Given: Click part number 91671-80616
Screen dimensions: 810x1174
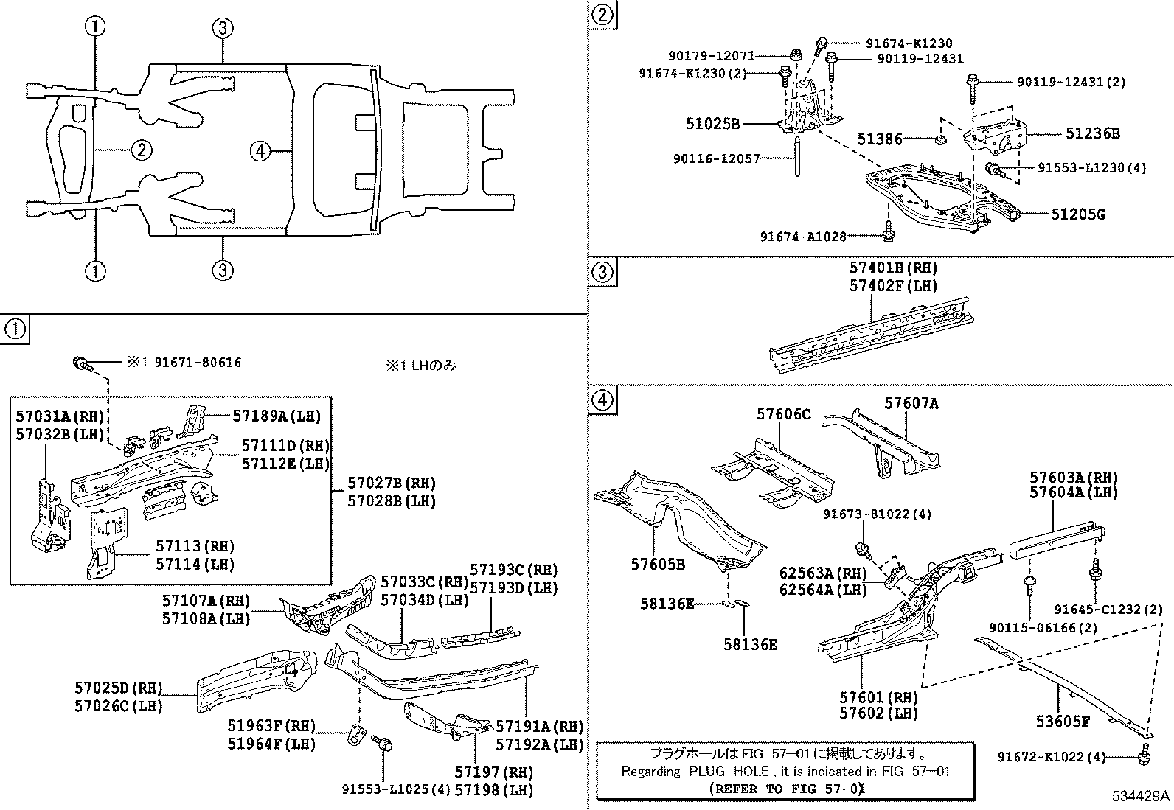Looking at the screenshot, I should (x=198, y=363).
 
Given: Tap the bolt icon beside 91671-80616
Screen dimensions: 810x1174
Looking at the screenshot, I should (x=80, y=362).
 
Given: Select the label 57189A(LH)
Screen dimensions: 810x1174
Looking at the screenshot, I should (x=277, y=416).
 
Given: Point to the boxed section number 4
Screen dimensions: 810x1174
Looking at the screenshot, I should (x=602, y=400).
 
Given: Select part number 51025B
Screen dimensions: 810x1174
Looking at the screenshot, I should (x=713, y=124).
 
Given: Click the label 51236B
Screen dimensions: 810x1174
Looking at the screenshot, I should (x=1092, y=133).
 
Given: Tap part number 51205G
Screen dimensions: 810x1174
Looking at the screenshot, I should (x=1078, y=214).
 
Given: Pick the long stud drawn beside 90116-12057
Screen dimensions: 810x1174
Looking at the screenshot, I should (x=798, y=156).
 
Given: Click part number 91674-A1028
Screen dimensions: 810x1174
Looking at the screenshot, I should (x=803, y=236).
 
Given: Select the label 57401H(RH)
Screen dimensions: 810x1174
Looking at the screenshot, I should (x=893, y=268).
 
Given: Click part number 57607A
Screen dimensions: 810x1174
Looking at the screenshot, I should (x=911, y=403).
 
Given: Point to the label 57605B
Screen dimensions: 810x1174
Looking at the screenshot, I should (x=658, y=564).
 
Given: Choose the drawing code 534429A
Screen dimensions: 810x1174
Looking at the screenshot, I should (x=1141, y=796).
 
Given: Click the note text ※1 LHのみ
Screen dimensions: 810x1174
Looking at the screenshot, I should (x=421, y=365).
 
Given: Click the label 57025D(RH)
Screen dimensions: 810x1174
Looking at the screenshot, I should (x=118, y=688).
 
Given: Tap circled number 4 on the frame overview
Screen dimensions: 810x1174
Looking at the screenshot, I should (x=259, y=151).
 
